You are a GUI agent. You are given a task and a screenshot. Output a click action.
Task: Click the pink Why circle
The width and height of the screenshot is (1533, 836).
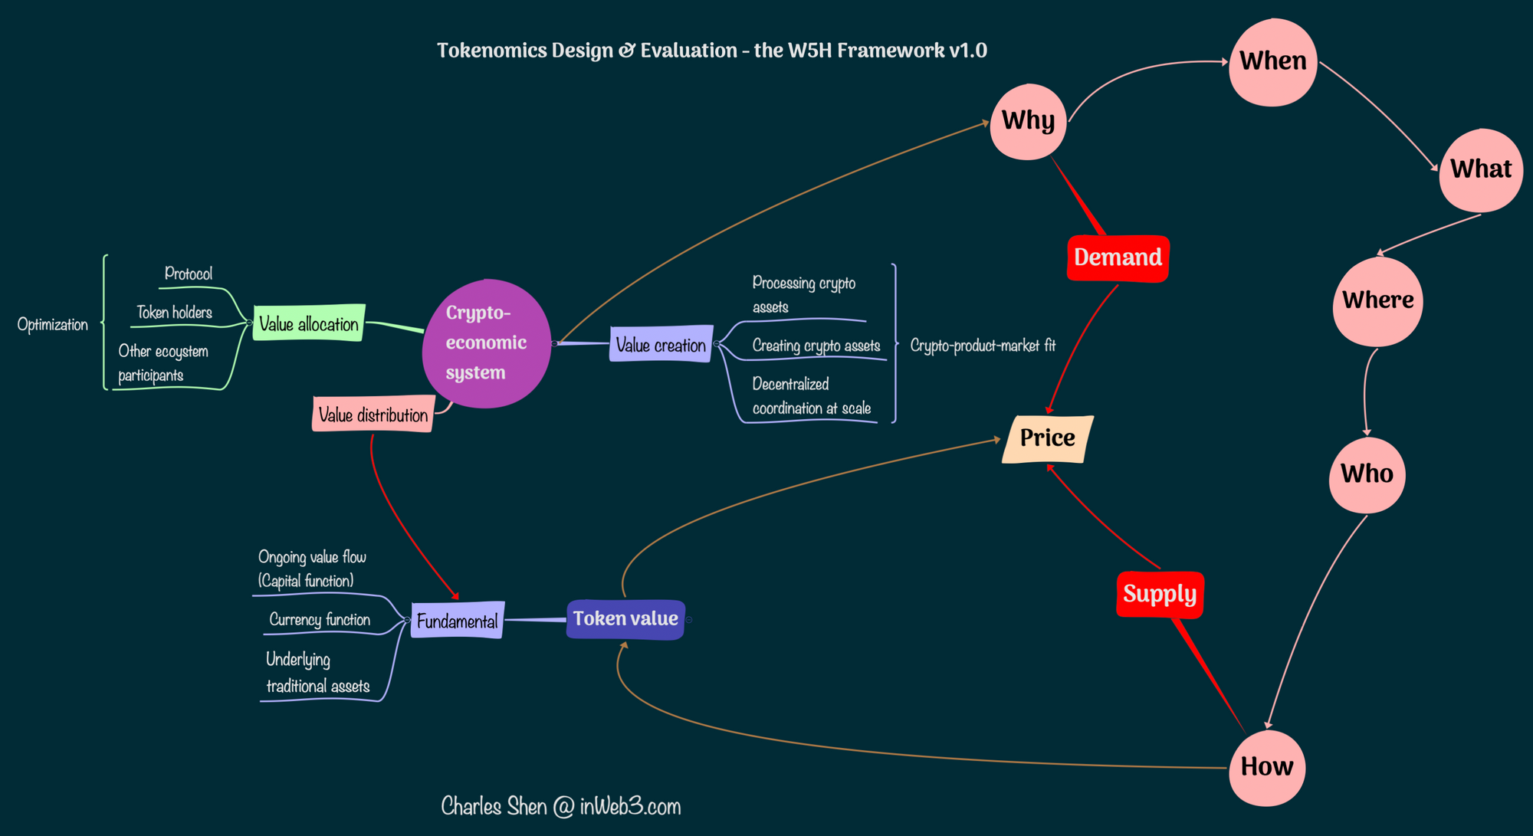point(1028,122)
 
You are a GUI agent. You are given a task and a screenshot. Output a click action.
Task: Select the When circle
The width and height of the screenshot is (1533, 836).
point(1272,62)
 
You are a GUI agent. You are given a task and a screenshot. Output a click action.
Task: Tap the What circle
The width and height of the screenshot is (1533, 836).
point(1480,170)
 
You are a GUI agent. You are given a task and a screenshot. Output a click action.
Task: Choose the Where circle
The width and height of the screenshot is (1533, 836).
point(1377,300)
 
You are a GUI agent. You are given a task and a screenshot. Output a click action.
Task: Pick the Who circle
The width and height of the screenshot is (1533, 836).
point(1367,474)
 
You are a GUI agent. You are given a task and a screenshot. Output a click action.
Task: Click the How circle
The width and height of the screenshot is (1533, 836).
point(1266,767)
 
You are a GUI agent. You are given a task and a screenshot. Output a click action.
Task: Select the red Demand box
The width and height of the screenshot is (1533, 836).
point(1118,258)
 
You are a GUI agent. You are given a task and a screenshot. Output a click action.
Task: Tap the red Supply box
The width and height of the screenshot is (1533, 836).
point(1160,595)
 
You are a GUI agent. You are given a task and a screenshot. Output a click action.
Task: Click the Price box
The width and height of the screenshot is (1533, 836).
point(1047,439)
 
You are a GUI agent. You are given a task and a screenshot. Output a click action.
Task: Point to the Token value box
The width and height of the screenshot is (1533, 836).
point(625,619)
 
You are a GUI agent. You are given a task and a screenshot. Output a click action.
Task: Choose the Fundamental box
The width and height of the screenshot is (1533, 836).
point(458,621)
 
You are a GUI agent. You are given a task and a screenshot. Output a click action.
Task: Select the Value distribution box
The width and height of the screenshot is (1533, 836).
point(373,415)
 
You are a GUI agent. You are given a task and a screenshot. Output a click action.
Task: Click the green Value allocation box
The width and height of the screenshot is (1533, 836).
point(309,324)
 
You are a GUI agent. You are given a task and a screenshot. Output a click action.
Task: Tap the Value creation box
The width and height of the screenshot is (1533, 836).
point(661,345)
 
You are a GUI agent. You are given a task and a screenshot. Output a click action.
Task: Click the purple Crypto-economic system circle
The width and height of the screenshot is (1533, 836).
point(486,343)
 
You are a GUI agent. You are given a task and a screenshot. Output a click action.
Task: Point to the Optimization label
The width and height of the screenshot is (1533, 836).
point(53,325)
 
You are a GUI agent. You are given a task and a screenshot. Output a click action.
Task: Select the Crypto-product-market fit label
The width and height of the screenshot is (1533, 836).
point(983,346)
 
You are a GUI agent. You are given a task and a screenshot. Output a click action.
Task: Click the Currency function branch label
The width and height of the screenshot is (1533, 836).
point(320,620)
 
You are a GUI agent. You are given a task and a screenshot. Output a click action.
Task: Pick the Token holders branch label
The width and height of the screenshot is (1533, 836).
point(174,313)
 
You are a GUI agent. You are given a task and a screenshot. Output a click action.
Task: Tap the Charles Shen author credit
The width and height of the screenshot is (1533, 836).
point(560,806)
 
